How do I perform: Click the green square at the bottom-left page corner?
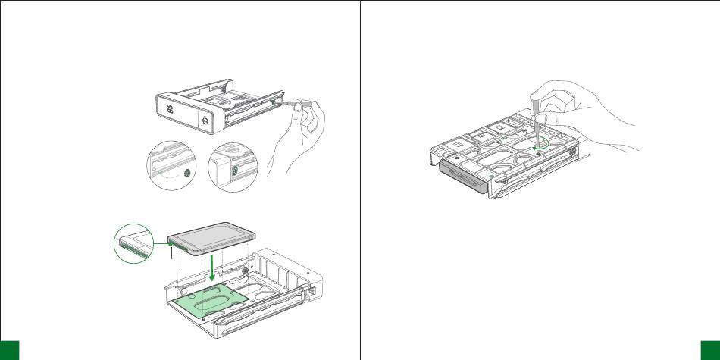click(9, 349)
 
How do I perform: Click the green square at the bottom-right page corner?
click(710, 349)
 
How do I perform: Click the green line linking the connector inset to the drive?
click(161, 242)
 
